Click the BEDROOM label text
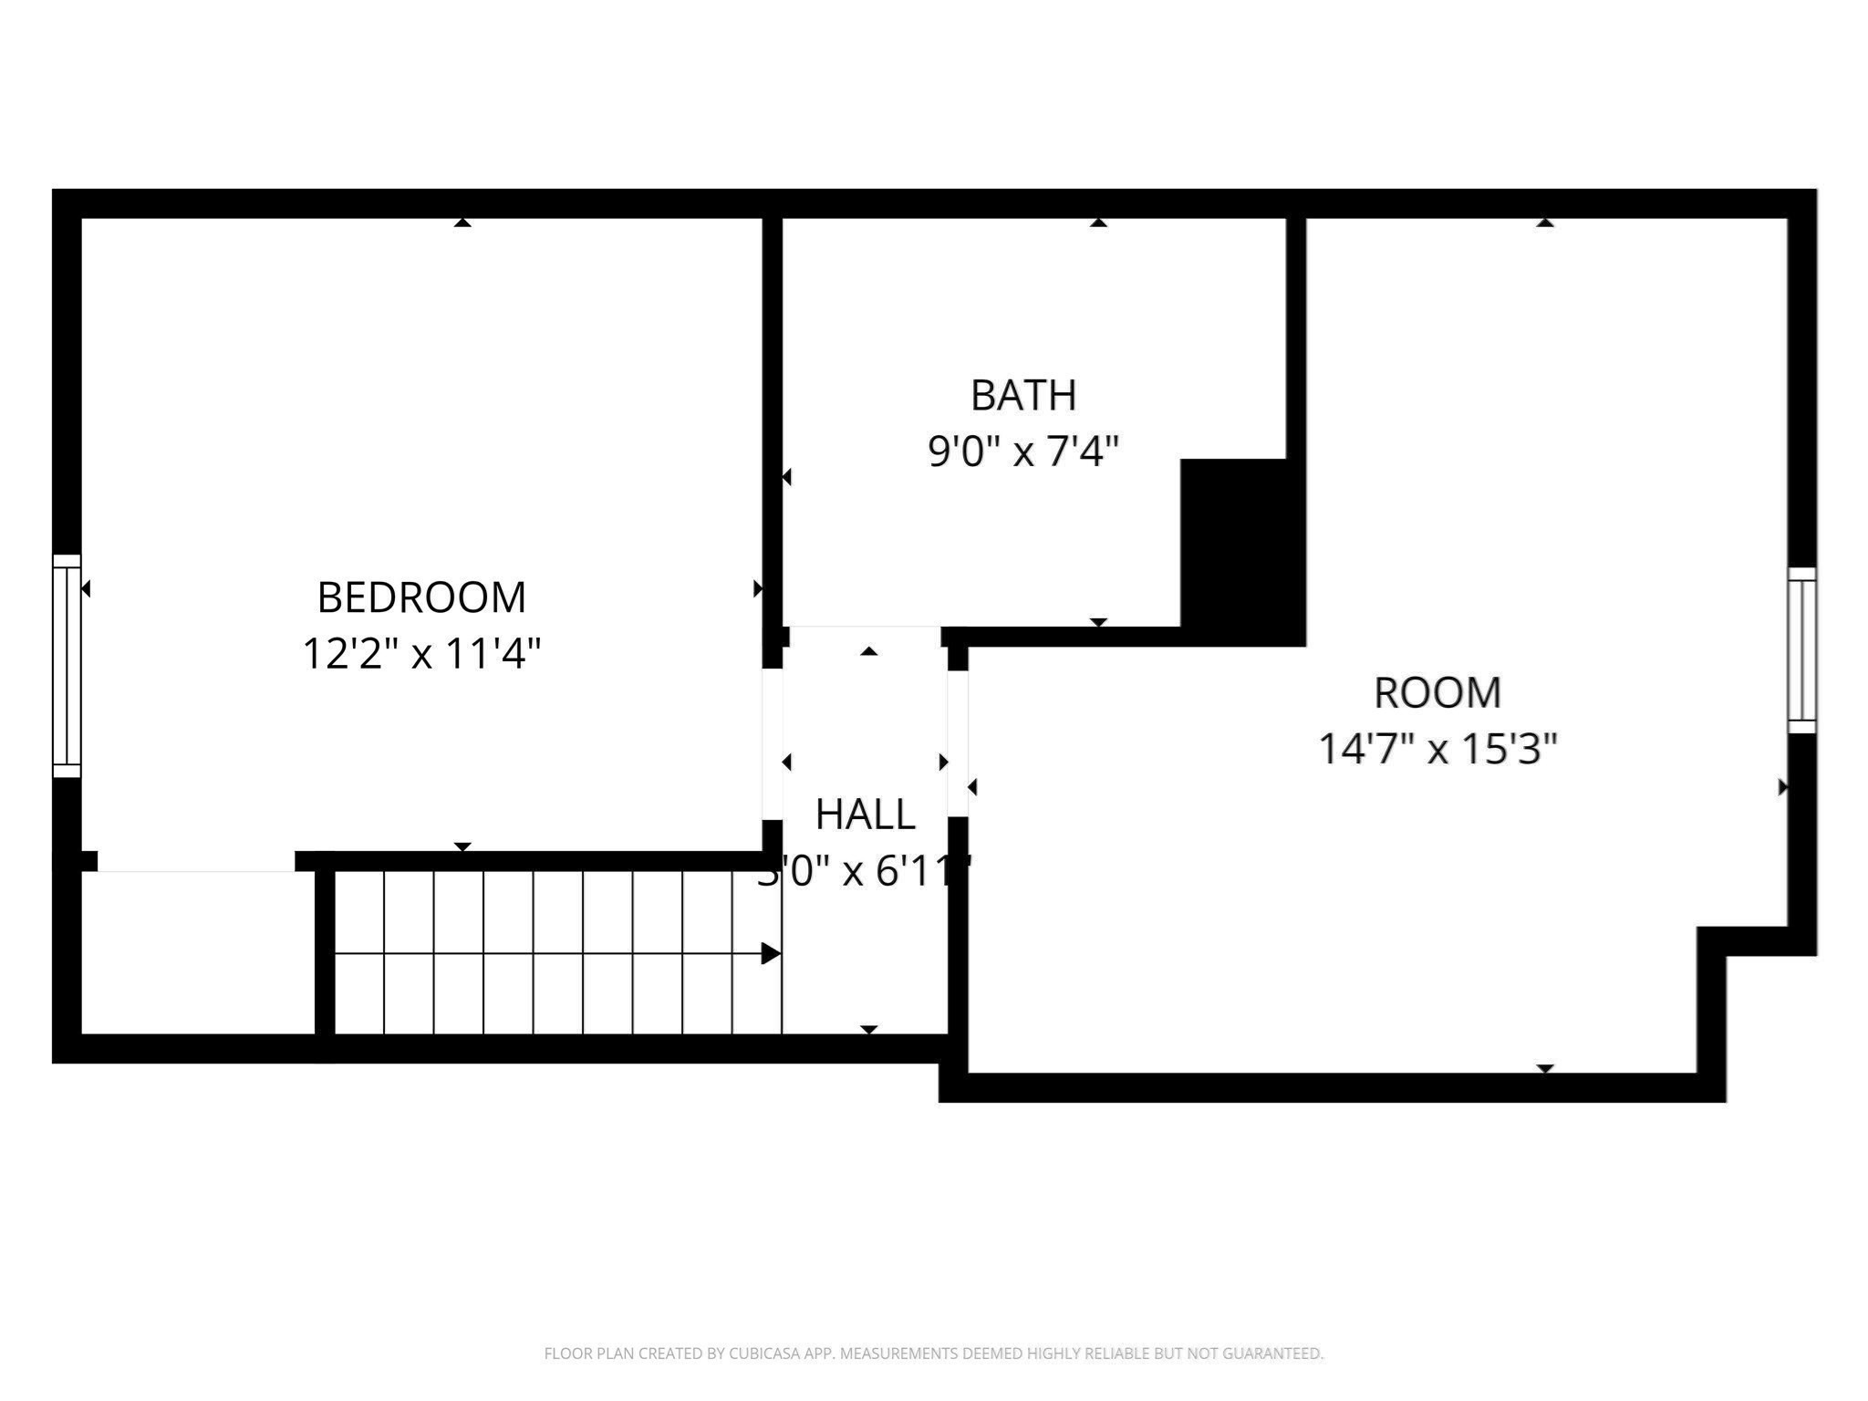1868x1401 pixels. [x=421, y=597]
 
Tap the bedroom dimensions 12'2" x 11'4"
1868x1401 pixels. [x=421, y=654]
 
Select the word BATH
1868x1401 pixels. [x=1023, y=395]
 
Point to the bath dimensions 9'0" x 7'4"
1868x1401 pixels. [x=1023, y=451]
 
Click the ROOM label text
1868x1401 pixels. [x=1437, y=692]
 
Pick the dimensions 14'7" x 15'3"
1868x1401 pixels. [x=1437, y=749]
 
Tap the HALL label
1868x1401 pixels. [x=865, y=815]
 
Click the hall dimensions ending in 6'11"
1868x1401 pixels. [x=865, y=872]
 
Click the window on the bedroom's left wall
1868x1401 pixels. [x=67, y=666]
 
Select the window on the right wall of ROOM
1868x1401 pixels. [x=1801, y=650]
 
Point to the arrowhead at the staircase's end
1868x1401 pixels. [x=771, y=954]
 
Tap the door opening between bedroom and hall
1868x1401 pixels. [x=772, y=744]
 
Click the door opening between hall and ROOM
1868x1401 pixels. [x=958, y=743]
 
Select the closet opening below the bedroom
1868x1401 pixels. [x=196, y=862]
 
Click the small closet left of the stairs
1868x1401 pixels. [x=198, y=953]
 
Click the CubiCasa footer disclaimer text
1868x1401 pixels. [x=933, y=1354]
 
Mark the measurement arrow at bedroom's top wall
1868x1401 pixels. [x=462, y=223]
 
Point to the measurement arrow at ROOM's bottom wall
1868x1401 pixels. [x=1544, y=1068]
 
